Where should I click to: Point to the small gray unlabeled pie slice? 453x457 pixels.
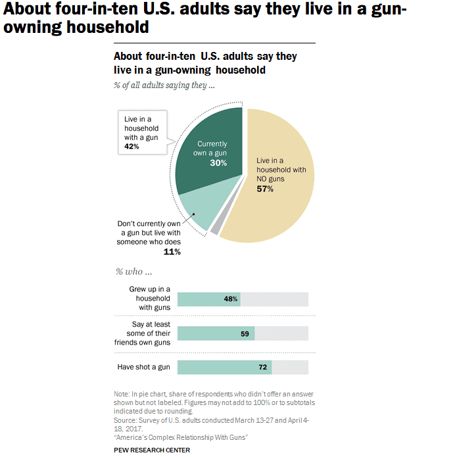[214, 225]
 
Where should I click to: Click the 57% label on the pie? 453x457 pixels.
[265, 189]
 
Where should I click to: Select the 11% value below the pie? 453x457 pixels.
[172, 251]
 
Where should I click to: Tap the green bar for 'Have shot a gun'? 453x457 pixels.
[224, 367]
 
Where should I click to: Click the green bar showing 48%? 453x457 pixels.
[208, 299]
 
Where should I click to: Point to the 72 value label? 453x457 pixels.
[262, 367]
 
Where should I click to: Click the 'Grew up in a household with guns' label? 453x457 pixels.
[150, 299]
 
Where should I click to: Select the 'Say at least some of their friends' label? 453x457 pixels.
[143, 333]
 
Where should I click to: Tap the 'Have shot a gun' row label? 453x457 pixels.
[143, 367]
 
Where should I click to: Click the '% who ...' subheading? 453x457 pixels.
[133, 272]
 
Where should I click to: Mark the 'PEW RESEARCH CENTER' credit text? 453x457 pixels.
[152, 450]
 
